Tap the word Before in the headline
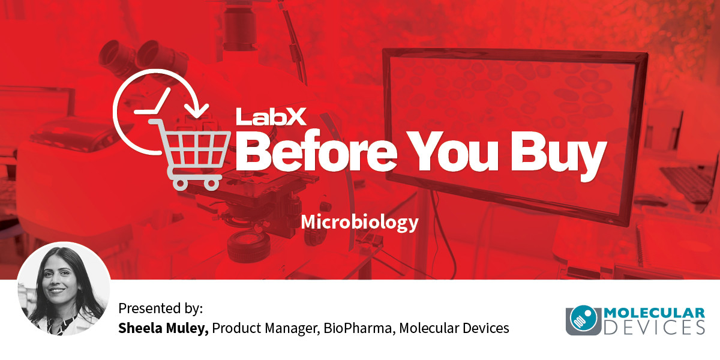point(317,151)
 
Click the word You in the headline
point(452,151)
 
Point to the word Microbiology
point(359,223)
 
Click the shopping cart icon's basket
point(193,149)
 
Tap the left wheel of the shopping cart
point(181,184)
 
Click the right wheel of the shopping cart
point(211,184)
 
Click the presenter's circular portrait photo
point(64,289)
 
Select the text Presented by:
point(161,308)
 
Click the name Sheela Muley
point(163,328)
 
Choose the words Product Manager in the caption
point(266,329)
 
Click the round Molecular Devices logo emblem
point(584,319)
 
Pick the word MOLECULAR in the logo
point(654,313)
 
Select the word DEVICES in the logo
point(654,328)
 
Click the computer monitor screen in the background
point(514,135)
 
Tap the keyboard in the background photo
point(688,183)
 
